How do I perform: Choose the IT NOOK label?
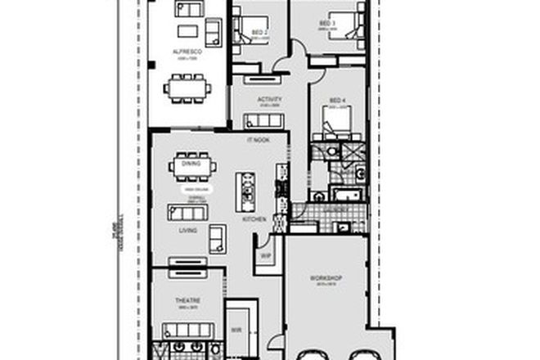point(258,141)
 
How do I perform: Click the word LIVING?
point(188,231)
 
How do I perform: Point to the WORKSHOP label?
point(325,278)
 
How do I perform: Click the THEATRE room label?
point(188,301)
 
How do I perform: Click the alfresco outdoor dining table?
point(187,85)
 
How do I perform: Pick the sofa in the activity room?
point(263,121)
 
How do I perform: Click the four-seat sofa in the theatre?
point(187,330)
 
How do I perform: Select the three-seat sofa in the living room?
point(187,212)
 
